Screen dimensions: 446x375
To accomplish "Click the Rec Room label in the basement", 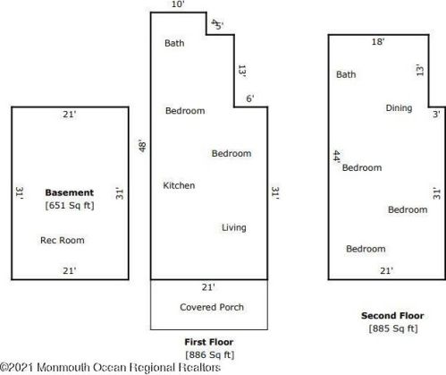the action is click(63, 240).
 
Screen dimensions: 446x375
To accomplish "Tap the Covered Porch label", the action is click(212, 307).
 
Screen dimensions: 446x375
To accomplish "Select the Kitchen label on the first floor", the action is click(179, 185).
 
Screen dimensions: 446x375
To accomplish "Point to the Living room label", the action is click(234, 227).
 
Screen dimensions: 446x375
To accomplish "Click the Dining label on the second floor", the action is click(399, 108).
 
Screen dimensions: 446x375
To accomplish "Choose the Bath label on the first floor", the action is click(174, 43).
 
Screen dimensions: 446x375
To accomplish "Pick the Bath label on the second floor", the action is click(346, 74).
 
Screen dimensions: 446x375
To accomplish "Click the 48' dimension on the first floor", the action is click(142, 146).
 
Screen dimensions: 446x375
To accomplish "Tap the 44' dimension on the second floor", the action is click(336, 157).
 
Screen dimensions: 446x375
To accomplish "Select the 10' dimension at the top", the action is click(178, 4).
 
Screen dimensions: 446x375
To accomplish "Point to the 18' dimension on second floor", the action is click(378, 41).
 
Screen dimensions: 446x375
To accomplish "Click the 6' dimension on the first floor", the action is click(250, 98).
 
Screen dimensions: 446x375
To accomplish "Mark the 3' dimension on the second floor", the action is click(436, 114).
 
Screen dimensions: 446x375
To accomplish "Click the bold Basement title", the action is click(70, 192).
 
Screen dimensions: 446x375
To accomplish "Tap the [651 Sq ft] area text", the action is click(70, 206).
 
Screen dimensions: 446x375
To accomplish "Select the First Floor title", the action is click(209, 342).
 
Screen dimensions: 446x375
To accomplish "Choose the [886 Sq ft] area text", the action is click(210, 355).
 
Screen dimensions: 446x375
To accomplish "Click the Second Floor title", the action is click(392, 316).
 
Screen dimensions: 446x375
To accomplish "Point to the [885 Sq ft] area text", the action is click(393, 328).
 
